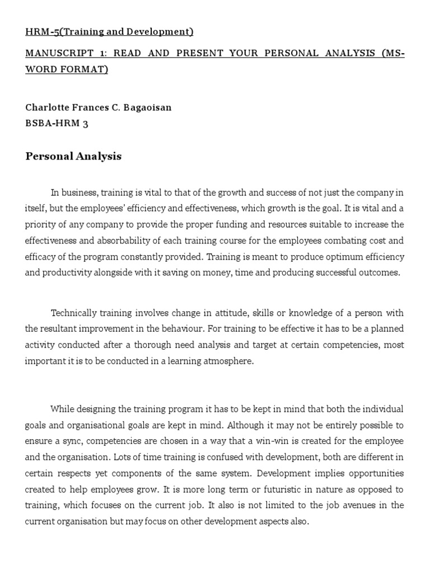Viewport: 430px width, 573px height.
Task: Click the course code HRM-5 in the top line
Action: click(41, 32)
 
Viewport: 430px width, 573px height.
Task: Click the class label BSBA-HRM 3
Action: click(57, 124)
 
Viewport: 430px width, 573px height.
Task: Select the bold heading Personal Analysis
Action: click(73, 156)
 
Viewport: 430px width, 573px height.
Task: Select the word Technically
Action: click(74, 312)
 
